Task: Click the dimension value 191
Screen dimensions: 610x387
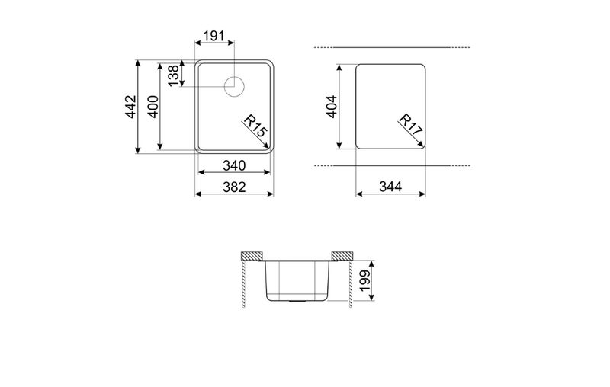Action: coord(214,36)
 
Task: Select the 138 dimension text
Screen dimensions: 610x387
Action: coord(174,75)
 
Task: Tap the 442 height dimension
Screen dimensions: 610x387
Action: coord(130,107)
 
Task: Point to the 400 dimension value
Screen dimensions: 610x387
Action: coord(153,107)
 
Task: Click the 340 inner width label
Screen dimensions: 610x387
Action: coord(234,165)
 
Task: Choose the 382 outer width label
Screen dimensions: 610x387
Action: coord(234,187)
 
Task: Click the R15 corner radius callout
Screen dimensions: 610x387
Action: coord(255,126)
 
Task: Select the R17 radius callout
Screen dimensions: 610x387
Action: coord(411,124)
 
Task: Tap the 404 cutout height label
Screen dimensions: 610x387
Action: coord(332,107)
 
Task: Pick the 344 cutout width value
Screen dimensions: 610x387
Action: coord(390,187)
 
